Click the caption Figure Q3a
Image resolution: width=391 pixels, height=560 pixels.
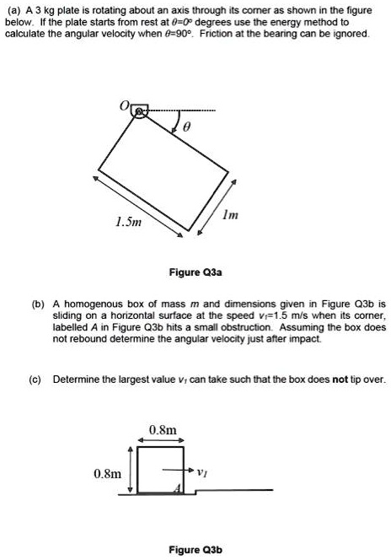[195, 273]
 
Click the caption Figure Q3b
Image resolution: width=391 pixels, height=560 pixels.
[195, 550]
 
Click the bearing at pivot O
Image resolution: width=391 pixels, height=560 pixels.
[139, 110]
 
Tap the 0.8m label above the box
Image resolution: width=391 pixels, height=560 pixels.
[163, 430]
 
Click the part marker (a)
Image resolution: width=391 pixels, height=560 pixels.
[13, 9]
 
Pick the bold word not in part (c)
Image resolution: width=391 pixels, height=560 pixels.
[340, 380]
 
